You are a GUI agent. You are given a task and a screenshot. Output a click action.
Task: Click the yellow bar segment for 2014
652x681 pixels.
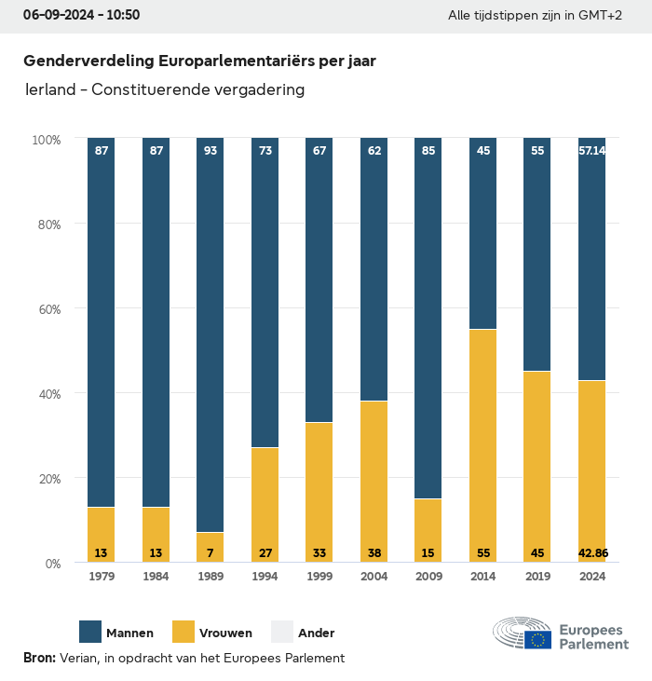(482, 445)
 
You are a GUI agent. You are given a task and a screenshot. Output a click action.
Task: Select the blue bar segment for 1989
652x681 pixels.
(211, 335)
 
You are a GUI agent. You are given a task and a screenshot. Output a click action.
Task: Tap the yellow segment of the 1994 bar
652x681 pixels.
(265, 504)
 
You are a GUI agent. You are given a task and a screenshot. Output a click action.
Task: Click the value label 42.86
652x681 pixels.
(592, 553)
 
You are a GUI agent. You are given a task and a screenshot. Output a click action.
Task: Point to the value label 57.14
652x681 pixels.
(592, 150)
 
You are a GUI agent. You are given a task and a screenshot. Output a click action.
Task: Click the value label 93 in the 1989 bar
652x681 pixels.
(211, 150)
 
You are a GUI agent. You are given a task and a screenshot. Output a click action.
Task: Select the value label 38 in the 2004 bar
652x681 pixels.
(374, 553)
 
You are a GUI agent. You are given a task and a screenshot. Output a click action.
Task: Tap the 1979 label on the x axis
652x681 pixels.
(102, 577)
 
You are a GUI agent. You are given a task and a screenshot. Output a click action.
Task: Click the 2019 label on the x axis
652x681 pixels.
(537, 577)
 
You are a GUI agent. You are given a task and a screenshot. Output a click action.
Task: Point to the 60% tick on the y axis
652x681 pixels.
(47, 309)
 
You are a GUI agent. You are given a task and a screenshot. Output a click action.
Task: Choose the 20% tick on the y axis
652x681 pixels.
(47, 479)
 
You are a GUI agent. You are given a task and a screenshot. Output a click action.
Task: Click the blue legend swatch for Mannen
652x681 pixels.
(90, 632)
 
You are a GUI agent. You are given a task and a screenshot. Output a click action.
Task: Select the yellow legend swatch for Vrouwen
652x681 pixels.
(183, 632)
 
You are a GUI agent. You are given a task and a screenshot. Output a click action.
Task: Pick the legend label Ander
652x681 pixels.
(316, 633)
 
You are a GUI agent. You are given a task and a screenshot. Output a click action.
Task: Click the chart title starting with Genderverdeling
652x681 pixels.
(199, 61)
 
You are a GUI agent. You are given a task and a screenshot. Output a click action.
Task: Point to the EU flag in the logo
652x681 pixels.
(537, 639)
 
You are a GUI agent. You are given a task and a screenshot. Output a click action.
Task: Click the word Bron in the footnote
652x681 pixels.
(38, 658)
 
